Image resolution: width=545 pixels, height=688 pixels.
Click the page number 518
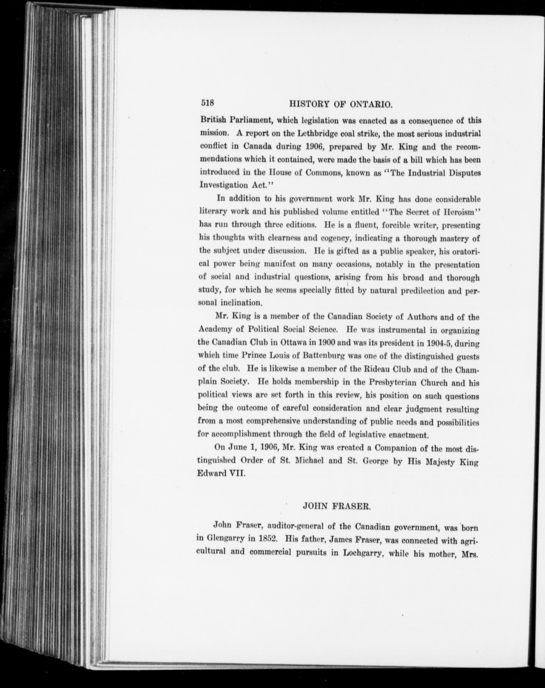click(207, 103)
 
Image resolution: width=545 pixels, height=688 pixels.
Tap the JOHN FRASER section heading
click(336, 506)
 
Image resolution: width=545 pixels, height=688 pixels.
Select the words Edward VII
click(221, 473)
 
